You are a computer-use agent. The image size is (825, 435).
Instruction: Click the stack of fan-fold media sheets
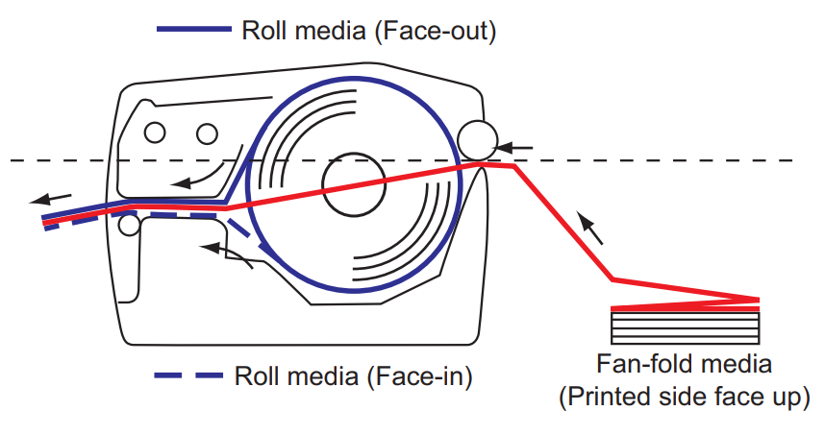(685, 325)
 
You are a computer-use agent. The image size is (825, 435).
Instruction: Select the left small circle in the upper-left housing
(154, 132)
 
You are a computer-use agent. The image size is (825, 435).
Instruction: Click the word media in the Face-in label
(325, 375)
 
